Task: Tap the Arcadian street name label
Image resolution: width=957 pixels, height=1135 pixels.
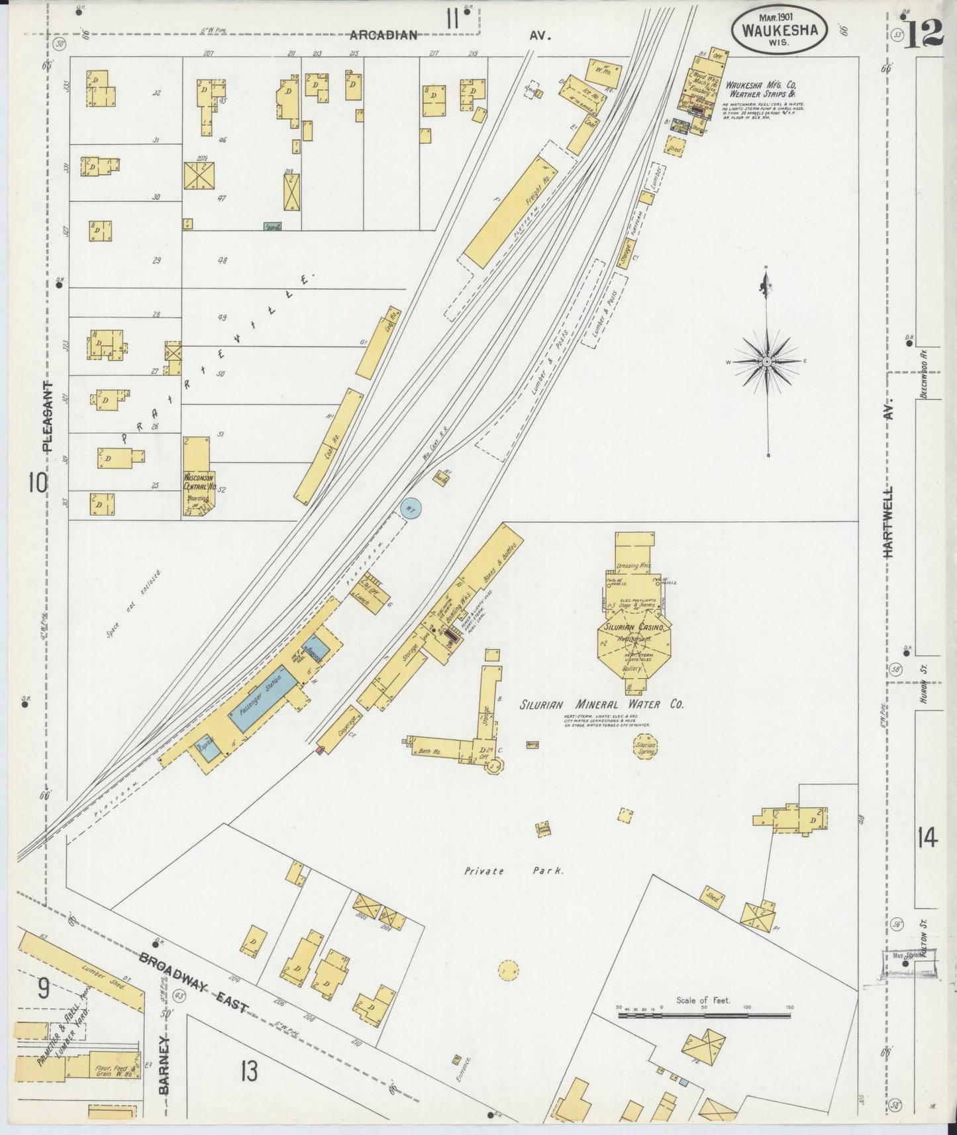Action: pos(383,35)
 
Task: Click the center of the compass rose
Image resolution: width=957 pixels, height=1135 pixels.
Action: pos(766,362)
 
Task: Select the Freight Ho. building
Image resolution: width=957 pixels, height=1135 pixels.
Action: pos(511,212)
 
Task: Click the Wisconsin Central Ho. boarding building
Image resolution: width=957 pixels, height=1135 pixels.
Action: pos(197,475)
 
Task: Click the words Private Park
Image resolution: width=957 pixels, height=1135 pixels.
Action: pos(514,871)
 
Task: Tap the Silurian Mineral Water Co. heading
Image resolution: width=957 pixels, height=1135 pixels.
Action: pos(601,705)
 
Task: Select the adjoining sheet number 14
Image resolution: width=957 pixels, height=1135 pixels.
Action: pos(927,839)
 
